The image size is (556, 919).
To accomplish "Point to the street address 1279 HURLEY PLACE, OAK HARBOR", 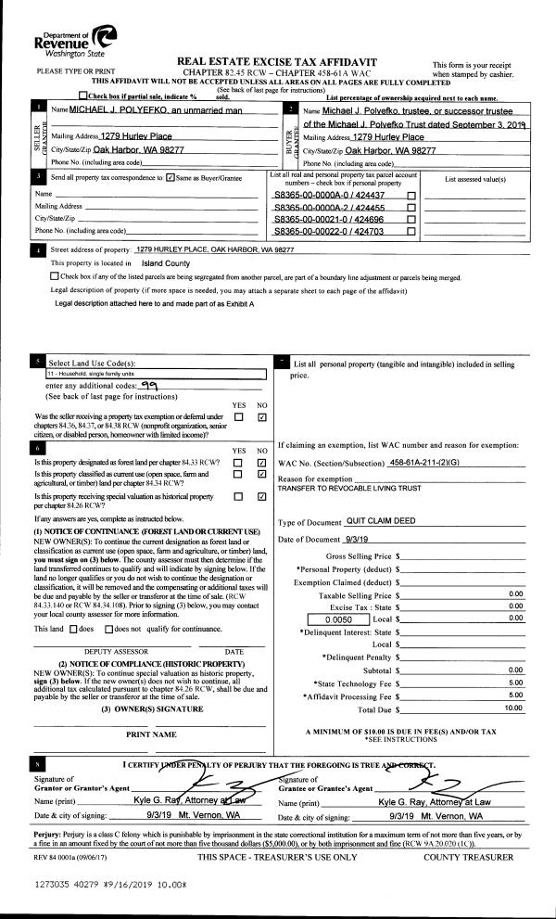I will tap(214, 249).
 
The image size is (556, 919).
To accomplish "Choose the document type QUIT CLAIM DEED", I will tap(380, 523).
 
